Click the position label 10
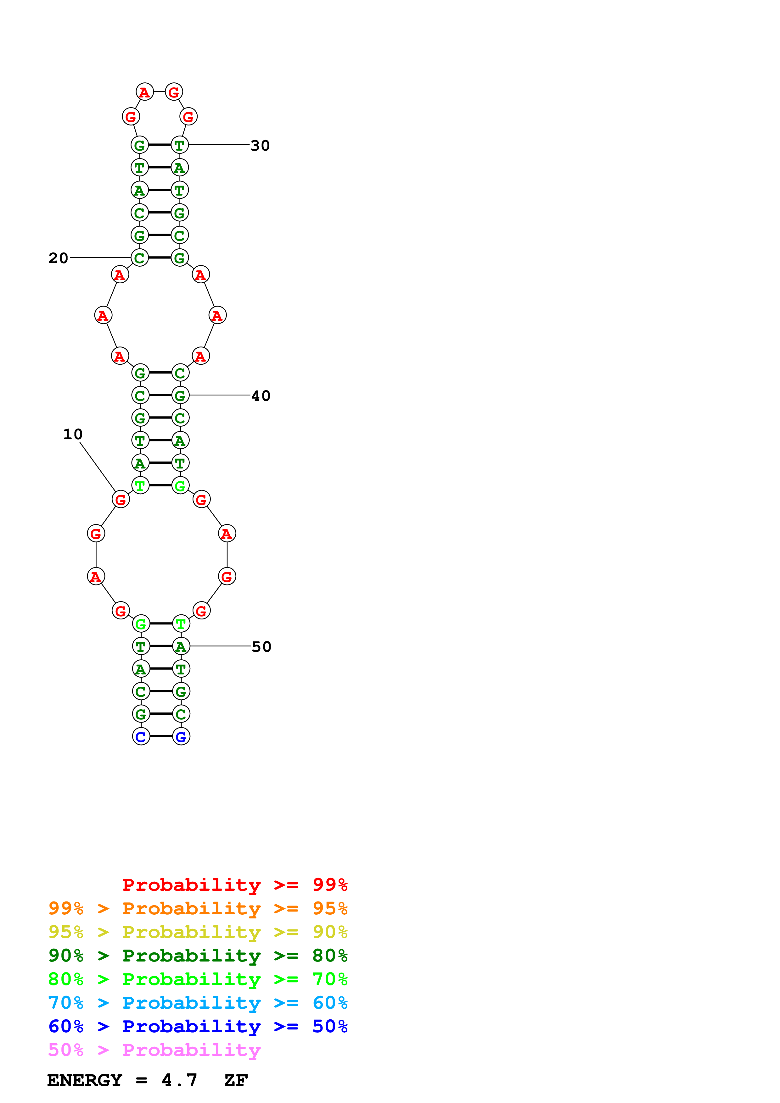pyautogui.click(x=73, y=434)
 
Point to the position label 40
pyautogui.click(x=261, y=396)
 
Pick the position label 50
pyautogui.click(x=261, y=647)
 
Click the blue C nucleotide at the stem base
pyautogui.click(x=141, y=736)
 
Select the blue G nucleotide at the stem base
pyautogui.click(x=181, y=736)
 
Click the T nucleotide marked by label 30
pyautogui.click(x=180, y=145)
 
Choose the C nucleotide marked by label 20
pyautogui.click(x=140, y=258)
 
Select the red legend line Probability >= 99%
pyautogui.click(x=234, y=884)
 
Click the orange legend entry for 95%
pyautogui.click(x=198, y=908)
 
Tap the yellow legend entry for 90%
pyautogui.click(x=198, y=932)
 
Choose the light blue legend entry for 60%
pyautogui.click(x=198, y=1003)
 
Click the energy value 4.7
pyautogui.click(x=179, y=1080)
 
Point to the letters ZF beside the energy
pyautogui.click(x=235, y=1080)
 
